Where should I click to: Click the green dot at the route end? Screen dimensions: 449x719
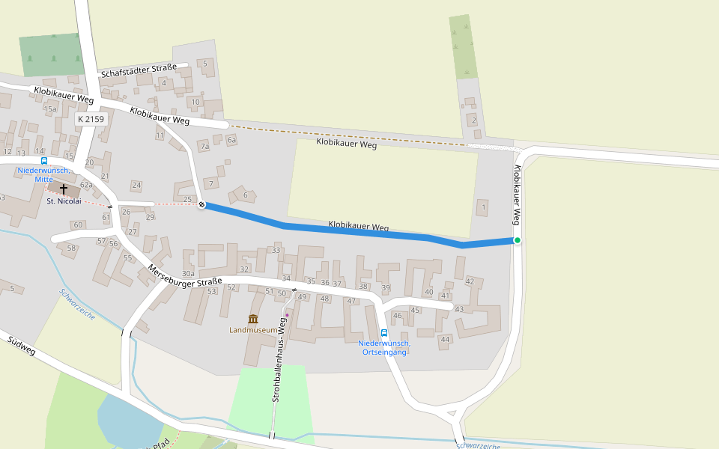click(x=517, y=240)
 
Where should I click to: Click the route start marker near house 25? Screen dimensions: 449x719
click(x=201, y=204)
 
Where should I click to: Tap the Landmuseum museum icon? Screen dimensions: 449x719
click(x=253, y=319)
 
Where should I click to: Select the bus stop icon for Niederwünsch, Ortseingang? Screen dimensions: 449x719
click(x=384, y=333)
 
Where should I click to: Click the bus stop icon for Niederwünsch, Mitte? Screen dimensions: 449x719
click(x=43, y=161)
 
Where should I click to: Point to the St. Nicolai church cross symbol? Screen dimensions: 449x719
click(x=64, y=189)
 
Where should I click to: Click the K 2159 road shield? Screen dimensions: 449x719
click(x=91, y=119)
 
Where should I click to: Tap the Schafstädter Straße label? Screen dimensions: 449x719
click(x=139, y=71)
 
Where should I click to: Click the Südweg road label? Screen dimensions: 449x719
click(x=22, y=346)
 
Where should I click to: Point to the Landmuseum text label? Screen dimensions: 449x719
click(x=253, y=330)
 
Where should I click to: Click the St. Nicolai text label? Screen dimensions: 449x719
click(x=64, y=201)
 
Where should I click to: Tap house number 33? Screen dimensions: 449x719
click(x=276, y=250)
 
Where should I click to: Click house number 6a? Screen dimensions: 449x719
click(x=231, y=140)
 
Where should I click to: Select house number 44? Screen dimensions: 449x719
click(x=445, y=339)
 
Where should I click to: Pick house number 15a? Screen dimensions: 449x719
click(x=50, y=109)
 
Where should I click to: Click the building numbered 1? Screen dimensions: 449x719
click(x=484, y=207)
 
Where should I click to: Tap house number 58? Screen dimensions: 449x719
click(x=72, y=248)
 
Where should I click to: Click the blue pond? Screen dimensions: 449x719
click(x=127, y=419)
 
